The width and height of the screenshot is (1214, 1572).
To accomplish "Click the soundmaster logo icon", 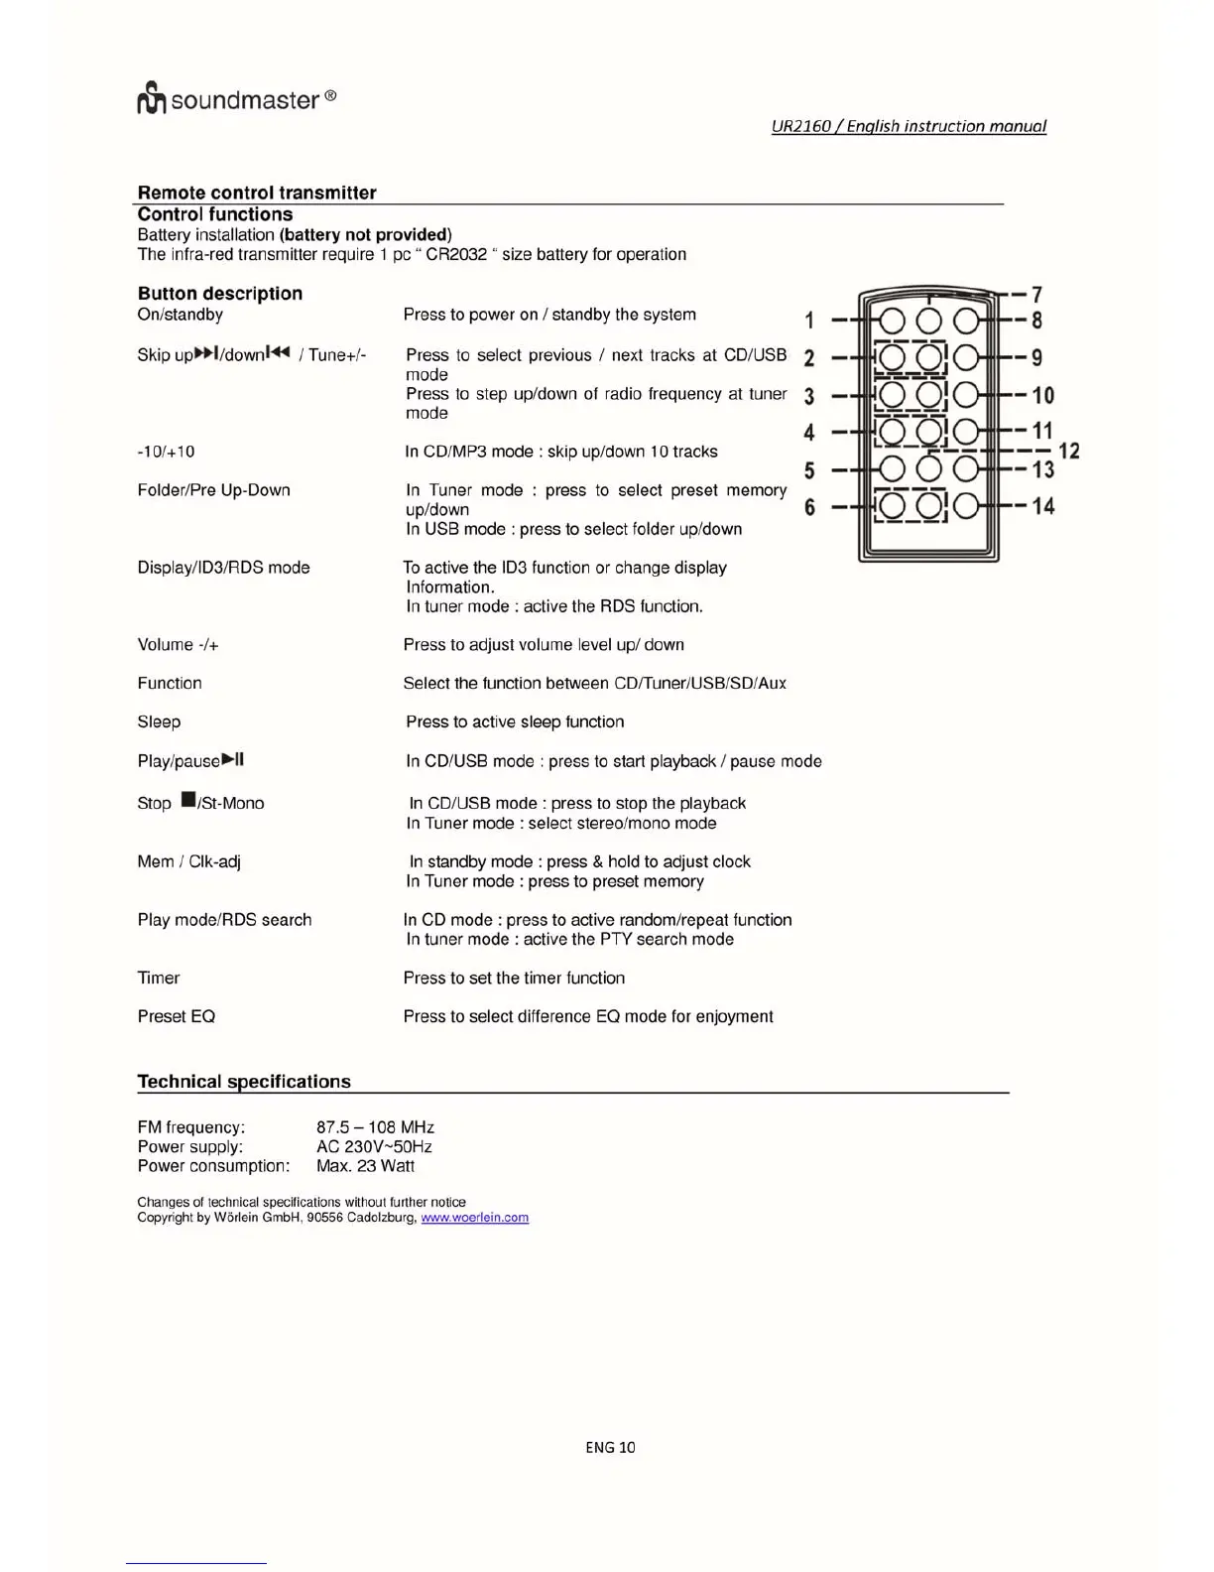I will [x=151, y=98].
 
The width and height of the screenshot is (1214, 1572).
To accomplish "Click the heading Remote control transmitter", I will [x=257, y=193].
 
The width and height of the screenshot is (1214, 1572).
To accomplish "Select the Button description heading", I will [x=220, y=293].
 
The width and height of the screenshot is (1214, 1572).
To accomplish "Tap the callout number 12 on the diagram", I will [x=1068, y=451].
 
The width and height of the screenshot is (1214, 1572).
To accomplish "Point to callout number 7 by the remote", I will [x=1036, y=295].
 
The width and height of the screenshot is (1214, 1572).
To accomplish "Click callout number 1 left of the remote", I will [x=809, y=321].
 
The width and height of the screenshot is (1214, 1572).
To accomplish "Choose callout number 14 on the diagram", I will [x=1042, y=506].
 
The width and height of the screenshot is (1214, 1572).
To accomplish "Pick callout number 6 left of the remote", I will [x=809, y=507].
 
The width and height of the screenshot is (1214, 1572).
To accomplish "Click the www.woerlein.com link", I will [x=474, y=1218].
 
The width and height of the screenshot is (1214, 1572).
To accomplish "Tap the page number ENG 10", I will [x=610, y=1447].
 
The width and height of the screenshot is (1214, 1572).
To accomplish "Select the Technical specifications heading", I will [x=244, y=1081].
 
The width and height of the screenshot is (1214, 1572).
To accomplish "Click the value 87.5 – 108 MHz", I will [x=375, y=1127].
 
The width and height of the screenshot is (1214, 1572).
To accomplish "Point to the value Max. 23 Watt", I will [x=365, y=1166].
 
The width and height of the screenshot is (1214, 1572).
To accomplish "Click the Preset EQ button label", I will [x=177, y=1016].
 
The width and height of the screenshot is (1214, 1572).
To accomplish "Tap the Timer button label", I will [x=159, y=978].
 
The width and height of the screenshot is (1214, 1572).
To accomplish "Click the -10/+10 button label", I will [x=166, y=452].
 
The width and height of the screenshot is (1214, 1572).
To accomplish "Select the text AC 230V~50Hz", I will [x=374, y=1146].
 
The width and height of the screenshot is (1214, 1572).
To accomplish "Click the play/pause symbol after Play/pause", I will [x=233, y=760].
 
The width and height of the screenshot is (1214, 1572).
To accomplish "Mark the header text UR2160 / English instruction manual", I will [x=909, y=126].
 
